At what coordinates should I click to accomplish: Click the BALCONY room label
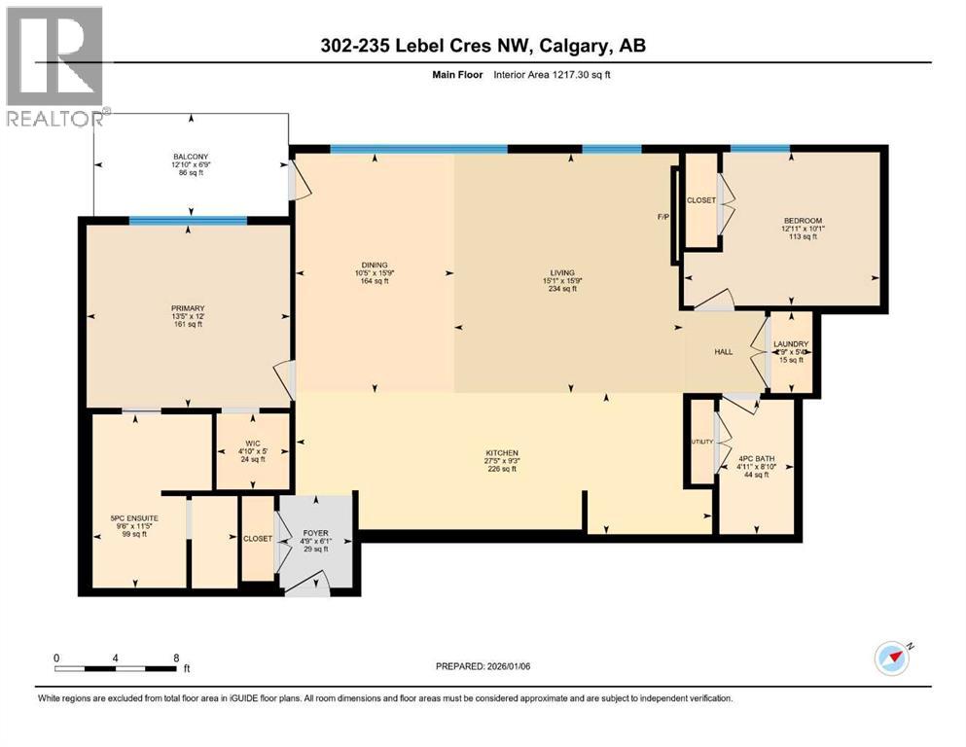[192, 157]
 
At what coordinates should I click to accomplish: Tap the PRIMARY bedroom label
[190, 308]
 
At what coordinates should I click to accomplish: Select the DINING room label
[375, 265]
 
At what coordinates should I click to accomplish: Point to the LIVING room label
[561, 272]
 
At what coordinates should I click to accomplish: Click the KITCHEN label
[502, 452]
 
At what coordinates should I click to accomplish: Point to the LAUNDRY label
[791, 343]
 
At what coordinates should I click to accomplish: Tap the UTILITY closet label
[702, 442]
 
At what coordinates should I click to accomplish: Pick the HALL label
[723, 352]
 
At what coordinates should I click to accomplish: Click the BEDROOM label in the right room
[804, 221]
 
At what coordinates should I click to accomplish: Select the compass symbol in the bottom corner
[892, 658]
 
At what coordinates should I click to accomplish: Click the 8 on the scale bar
[175, 657]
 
